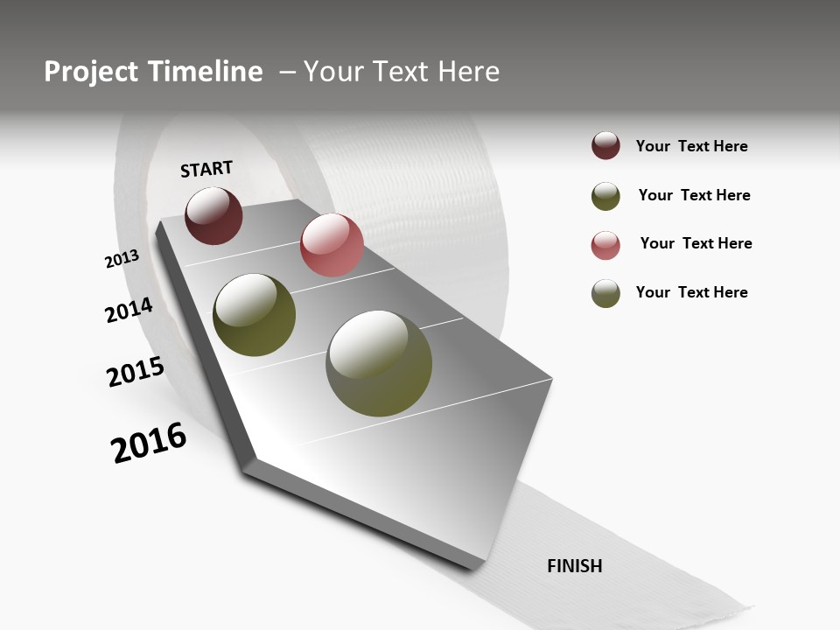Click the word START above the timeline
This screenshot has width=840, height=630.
(206, 169)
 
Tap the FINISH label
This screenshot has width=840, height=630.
(574, 566)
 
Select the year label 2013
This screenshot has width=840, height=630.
(122, 259)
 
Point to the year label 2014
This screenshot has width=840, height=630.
(129, 310)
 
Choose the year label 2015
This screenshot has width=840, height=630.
(136, 372)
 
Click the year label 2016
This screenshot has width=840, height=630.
(149, 443)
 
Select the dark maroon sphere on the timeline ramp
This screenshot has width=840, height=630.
(213, 215)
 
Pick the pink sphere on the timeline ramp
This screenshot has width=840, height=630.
(332, 245)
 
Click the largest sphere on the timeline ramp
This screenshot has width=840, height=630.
(379, 363)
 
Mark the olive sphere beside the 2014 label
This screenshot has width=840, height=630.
(255, 315)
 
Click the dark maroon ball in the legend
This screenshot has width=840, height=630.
(605, 146)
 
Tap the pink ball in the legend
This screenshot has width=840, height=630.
(605, 245)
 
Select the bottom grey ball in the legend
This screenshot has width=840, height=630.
(605, 293)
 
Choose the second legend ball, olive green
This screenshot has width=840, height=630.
(605, 196)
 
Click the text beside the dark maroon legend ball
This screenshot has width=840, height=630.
(691, 146)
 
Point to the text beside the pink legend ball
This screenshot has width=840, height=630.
(696, 243)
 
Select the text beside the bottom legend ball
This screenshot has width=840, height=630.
(691, 292)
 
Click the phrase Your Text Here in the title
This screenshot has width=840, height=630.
(402, 72)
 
